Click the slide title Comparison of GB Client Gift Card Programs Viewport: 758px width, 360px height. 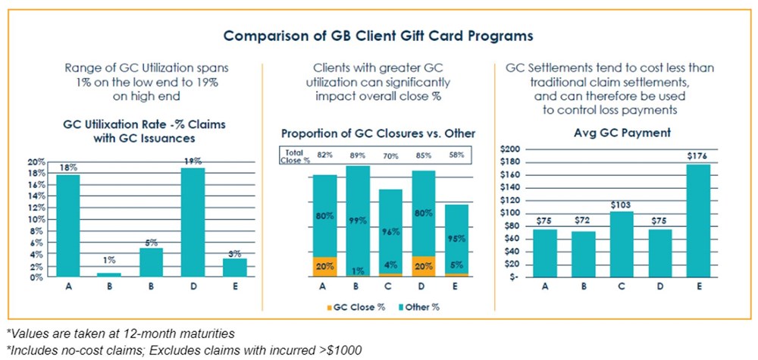pyautogui.click(x=378, y=35)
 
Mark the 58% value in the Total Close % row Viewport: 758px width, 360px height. pyautogui.click(x=455, y=155)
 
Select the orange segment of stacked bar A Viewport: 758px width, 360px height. pyautogui.click(x=324, y=266)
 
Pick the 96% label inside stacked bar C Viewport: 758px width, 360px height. pyautogui.click(x=390, y=233)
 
